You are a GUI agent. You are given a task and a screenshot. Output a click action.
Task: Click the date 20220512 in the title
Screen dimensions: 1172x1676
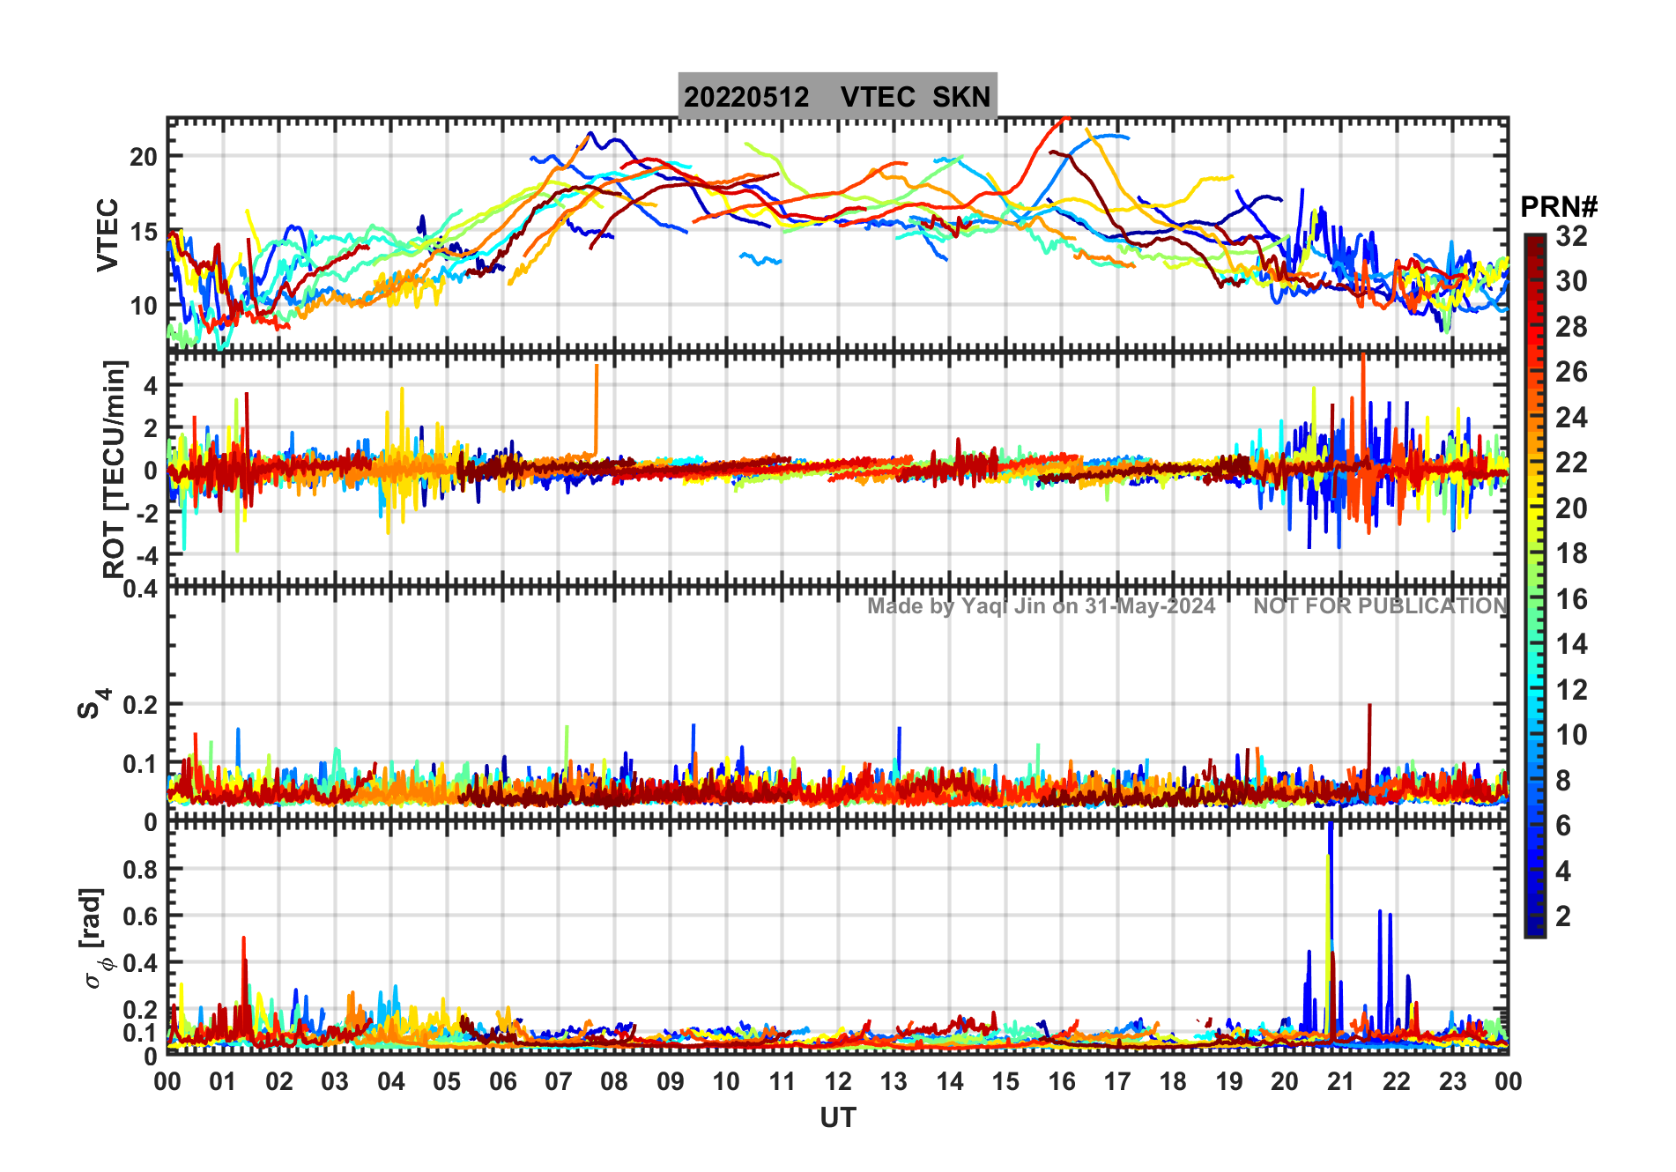click(x=746, y=97)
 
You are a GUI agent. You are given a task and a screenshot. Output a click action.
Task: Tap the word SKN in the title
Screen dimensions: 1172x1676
click(x=961, y=97)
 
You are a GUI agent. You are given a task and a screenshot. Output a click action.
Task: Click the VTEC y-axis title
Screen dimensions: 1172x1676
click(x=108, y=234)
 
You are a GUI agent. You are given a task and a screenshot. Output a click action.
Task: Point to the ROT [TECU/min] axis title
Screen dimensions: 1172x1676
click(x=115, y=469)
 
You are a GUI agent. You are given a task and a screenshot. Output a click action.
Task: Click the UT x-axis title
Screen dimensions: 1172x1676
click(x=837, y=1118)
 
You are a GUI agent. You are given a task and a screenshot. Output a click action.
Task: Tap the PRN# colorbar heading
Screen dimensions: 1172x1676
click(x=1559, y=207)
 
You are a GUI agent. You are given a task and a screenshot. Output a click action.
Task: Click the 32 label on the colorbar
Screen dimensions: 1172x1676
click(x=1571, y=236)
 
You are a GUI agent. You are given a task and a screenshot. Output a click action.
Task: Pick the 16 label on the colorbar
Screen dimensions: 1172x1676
click(x=1571, y=600)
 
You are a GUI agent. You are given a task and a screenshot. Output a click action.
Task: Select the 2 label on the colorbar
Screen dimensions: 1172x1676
click(x=1562, y=916)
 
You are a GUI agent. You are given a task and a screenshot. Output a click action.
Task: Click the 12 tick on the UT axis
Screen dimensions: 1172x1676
click(x=838, y=1082)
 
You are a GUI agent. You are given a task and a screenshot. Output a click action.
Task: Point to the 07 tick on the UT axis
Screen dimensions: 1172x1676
click(x=559, y=1082)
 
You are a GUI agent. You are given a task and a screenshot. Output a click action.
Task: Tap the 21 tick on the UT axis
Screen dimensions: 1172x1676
click(x=1340, y=1082)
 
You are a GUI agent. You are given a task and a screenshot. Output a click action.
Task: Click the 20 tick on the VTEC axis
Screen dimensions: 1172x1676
click(x=144, y=158)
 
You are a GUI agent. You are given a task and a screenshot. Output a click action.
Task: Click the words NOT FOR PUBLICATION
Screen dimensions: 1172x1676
click(x=1380, y=606)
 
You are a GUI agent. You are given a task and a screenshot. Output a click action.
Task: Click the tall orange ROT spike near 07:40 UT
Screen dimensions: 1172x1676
click(x=597, y=405)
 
